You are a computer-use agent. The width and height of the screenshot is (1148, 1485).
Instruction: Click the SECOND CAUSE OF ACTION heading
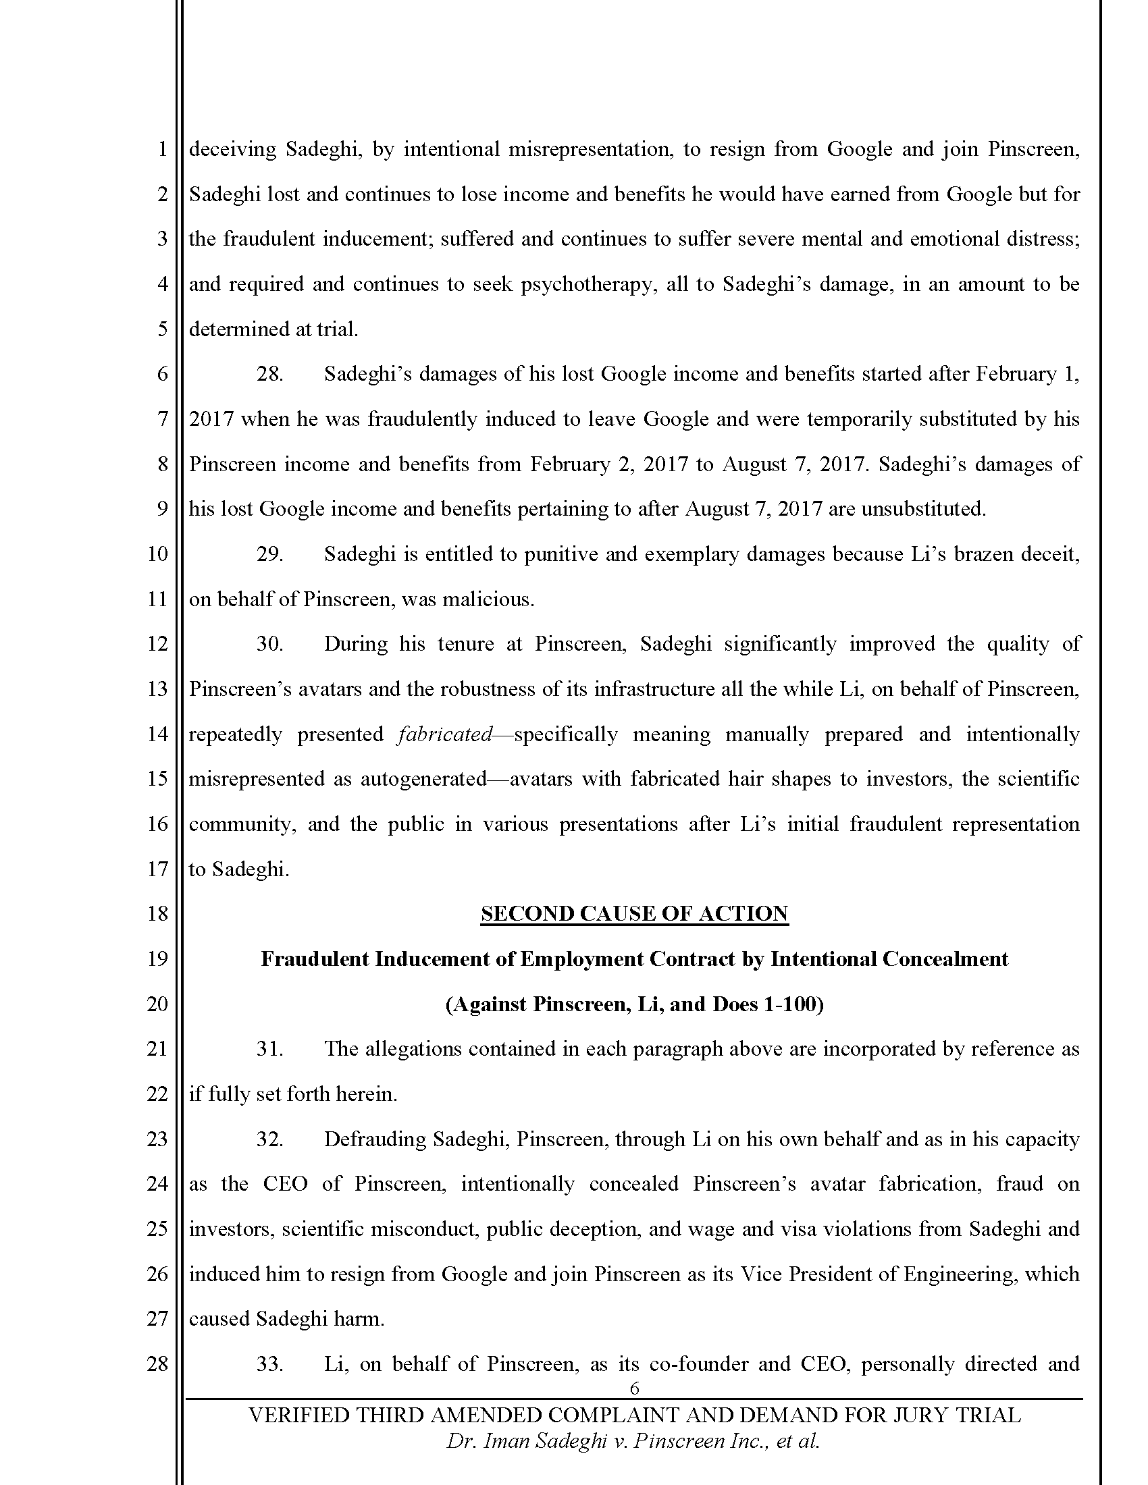point(634,913)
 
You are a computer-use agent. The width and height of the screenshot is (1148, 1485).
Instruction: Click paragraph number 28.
point(269,374)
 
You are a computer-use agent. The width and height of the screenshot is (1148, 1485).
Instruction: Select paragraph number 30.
point(269,643)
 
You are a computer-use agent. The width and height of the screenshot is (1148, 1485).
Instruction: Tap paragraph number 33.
point(269,1363)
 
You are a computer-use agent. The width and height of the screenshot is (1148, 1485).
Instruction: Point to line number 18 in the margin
point(157,913)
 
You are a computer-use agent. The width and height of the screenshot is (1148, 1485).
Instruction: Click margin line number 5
point(162,329)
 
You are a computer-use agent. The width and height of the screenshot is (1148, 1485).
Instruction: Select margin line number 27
point(157,1318)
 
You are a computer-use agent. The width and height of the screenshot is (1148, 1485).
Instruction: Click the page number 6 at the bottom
point(635,1388)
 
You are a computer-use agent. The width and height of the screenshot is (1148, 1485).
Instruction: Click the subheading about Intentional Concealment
point(634,959)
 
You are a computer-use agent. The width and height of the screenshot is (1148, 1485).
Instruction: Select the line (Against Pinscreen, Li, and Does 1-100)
point(634,1004)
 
